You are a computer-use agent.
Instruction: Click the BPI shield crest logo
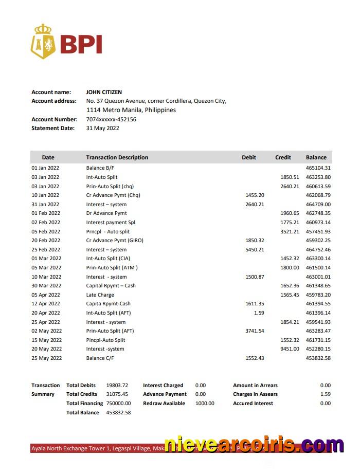tap(43, 41)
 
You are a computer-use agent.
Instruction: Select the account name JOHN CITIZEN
tap(104, 92)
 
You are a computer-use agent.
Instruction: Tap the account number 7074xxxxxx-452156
tap(111, 119)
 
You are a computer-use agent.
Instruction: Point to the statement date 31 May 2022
tap(102, 128)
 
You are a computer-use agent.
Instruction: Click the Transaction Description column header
tap(117, 157)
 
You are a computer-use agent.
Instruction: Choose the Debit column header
tap(249, 157)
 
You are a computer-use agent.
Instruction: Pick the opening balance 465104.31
tap(318, 168)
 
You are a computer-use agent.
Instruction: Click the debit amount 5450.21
tap(255, 249)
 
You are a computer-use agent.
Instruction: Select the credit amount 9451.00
tap(290, 349)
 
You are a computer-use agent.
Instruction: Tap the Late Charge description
tap(100, 295)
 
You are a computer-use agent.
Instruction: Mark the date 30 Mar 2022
tap(46, 285)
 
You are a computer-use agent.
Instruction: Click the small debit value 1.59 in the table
tap(259, 313)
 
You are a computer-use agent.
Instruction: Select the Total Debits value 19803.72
tap(117, 385)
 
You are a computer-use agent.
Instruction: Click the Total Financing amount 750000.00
tap(119, 404)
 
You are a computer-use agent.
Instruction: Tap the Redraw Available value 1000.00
tap(205, 404)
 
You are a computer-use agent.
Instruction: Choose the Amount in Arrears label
tap(255, 385)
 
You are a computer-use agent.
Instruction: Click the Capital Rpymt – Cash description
tap(111, 285)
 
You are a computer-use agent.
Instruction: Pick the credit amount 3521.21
tap(290, 231)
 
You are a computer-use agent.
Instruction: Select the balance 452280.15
tap(318, 349)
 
